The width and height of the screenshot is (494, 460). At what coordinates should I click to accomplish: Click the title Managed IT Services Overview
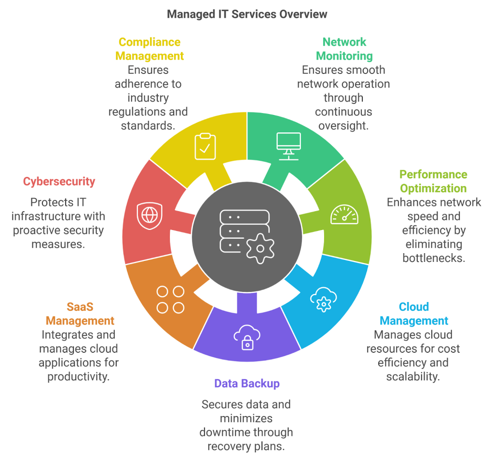point(247,14)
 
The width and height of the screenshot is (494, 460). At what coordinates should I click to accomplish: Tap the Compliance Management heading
point(150,49)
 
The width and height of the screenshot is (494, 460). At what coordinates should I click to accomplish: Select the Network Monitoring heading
point(344,49)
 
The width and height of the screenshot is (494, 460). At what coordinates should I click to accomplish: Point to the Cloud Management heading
point(414,314)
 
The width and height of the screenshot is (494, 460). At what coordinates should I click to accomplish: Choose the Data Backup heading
point(247,384)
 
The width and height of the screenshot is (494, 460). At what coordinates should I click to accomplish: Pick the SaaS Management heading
point(80,314)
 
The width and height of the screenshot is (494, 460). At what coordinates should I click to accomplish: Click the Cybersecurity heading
point(59,182)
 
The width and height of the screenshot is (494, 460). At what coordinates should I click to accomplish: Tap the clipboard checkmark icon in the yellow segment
point(205,147)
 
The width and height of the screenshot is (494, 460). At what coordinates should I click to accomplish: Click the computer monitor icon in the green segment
point(288,145)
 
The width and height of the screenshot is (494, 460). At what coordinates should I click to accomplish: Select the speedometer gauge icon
point(344,214)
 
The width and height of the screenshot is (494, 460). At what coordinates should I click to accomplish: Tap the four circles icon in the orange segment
point(171,299)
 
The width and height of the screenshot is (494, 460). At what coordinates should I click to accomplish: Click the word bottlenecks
point(434,258)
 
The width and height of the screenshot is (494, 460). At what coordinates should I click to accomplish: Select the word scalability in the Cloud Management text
point(413,376)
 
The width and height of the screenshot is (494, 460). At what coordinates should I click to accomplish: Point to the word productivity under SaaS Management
point(78,376)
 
